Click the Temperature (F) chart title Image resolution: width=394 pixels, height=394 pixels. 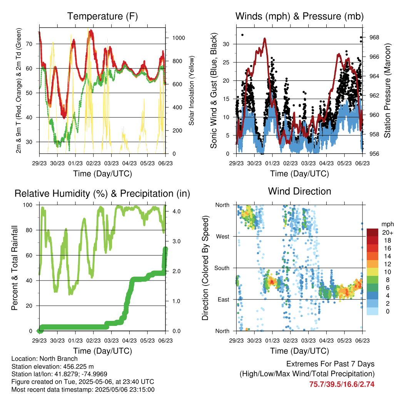pyautogui.click(x=102, y=16)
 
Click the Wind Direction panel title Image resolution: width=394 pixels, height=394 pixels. pyautogui.click(x=299, y=191)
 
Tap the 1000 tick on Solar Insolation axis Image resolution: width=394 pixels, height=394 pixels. pyautogui.click(x=179, y=38)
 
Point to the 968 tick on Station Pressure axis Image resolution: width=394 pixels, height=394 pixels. pyautogui.click(x=374, y=37)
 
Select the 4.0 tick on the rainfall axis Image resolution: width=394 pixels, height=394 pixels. pyautogui.click(x=176, y=211)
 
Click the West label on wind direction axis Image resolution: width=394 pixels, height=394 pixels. pyautogui.click(x=223, y=237)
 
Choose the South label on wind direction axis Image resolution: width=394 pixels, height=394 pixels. pyautogui.click(x=222, y=268)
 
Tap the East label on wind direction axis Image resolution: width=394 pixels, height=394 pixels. pyautogui.click(x=224, y=299)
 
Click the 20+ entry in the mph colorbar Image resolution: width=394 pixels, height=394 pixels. pyautogui.click(x=387, y=232)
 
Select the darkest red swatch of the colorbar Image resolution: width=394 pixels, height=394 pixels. pyautogui.click(x=372, y=232)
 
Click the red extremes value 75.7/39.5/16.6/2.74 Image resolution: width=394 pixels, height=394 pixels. pyautogui.click(x=342, y=384)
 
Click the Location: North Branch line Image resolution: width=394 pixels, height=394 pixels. pyautogui.click(x=45, y=359)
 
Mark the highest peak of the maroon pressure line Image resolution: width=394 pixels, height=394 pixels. pyautogui.click(x=265, y=39)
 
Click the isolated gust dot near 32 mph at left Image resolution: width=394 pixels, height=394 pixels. pyautogui.click(x=242, y=35)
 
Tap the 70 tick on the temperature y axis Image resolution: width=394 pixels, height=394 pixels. pyautogui.click(x=29, y=44)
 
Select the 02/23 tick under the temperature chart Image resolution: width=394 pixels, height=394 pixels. pyautogui.click(x=93, y=163)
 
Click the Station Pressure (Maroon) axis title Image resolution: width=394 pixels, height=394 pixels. pyautogui.click(x=387, y=90)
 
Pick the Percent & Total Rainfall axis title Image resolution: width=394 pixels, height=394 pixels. pyautogui.click(x=15, y=268)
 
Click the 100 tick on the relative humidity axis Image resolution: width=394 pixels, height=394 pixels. pyautogui.click(x=28, y=205)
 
